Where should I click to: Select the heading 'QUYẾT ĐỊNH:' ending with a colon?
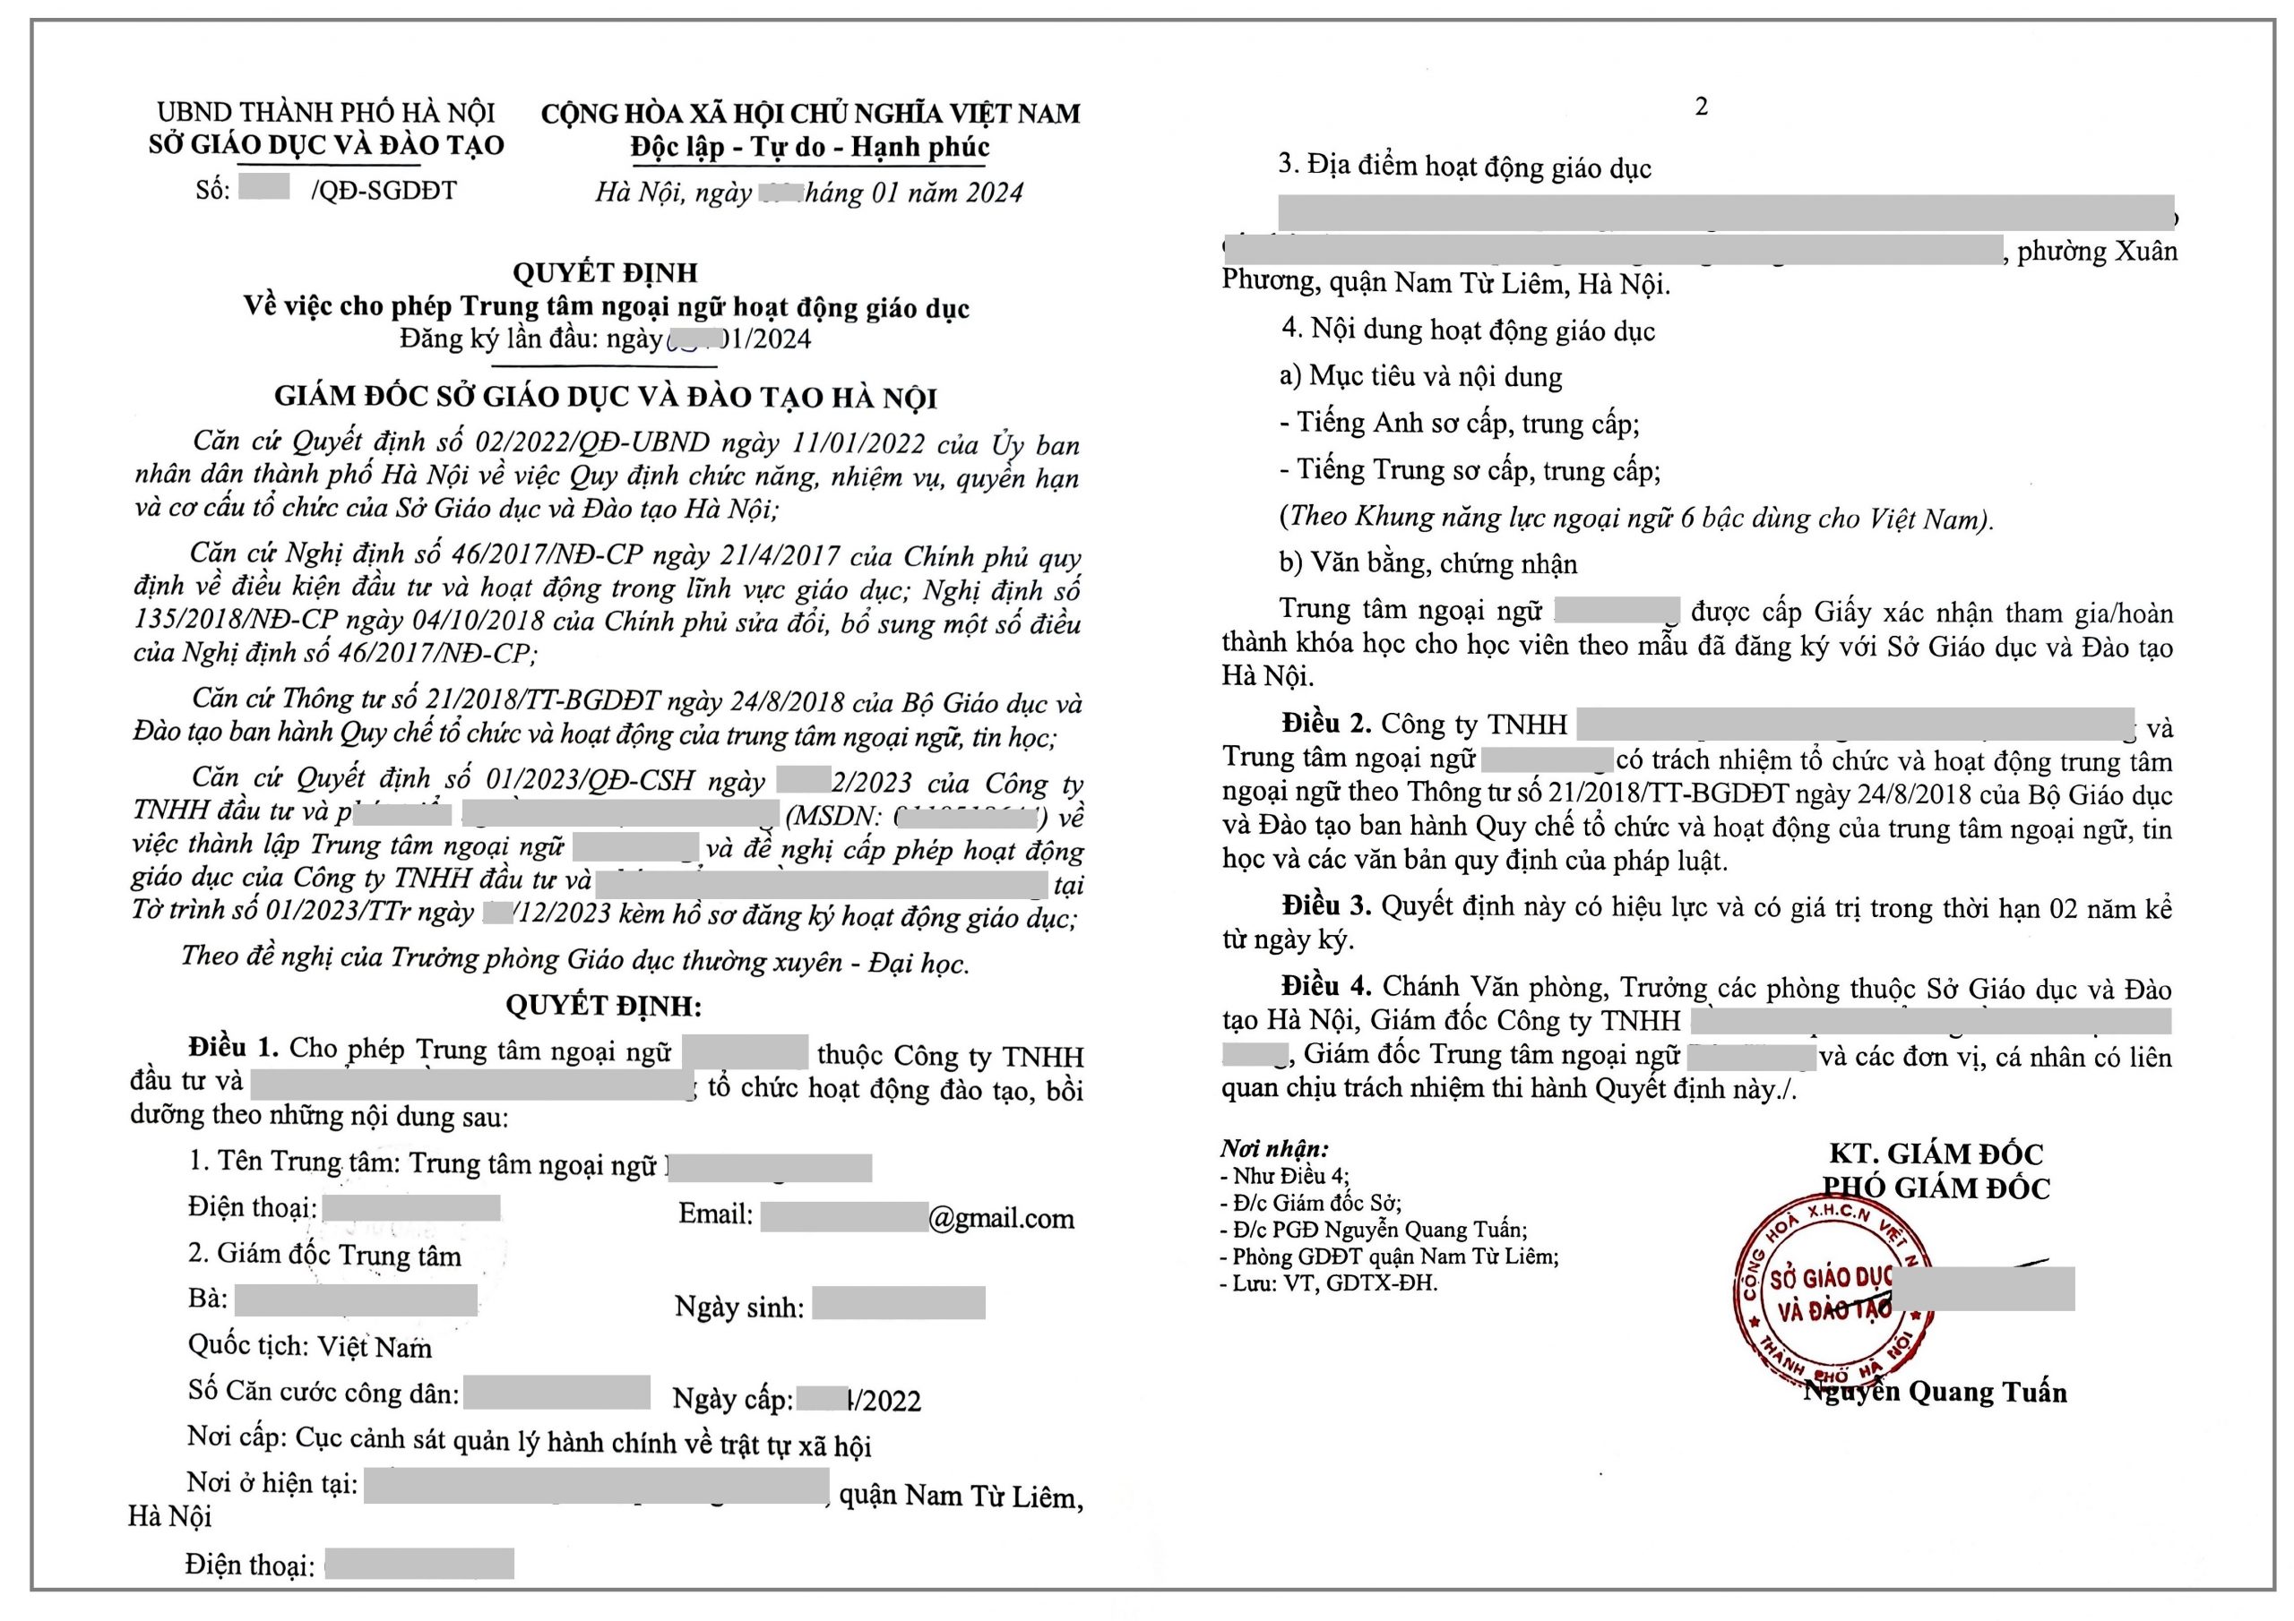coord(603,1005)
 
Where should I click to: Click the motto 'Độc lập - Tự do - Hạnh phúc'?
coord(809,148)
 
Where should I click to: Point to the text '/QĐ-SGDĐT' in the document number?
coord(384,190)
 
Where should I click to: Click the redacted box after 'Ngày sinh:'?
coord(898,1303)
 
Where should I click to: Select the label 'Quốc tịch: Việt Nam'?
coord(310,1346)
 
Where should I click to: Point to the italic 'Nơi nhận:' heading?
coord(1274,1149)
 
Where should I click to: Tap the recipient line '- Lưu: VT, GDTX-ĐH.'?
coord(1329,1283)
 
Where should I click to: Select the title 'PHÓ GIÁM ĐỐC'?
coord(1936,1188)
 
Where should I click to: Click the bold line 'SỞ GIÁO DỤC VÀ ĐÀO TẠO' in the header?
coord(327,145)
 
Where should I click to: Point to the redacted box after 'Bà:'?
coord(356,1299)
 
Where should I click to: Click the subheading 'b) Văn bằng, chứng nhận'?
coord(1427,563)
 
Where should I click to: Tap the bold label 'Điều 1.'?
coord(233,1047)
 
